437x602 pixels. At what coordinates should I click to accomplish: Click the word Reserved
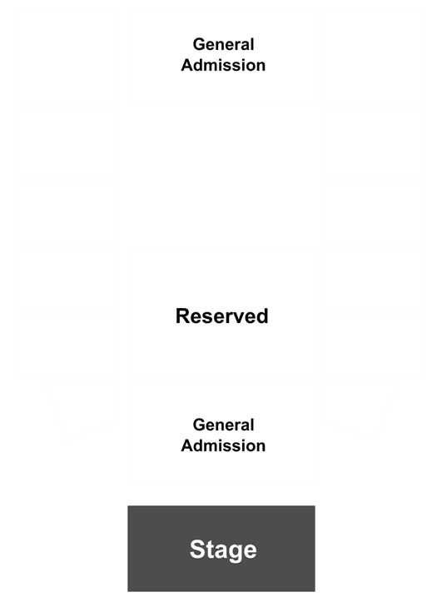221,316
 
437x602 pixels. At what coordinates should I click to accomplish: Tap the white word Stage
223,550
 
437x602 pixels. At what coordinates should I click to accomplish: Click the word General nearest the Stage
223,425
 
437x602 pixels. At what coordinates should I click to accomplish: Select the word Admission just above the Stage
223,445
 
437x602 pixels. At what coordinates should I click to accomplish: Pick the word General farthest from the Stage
223,44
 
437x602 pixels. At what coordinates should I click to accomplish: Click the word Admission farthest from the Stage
223,65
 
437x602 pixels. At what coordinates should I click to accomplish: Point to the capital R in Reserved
183,316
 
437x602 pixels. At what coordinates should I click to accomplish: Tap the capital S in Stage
197,549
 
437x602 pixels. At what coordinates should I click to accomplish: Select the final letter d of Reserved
262,316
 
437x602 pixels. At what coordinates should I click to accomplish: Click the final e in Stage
250,552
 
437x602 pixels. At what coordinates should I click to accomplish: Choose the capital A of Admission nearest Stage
187,445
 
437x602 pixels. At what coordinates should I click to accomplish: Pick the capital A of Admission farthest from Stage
187,65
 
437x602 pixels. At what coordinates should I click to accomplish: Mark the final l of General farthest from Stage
252,44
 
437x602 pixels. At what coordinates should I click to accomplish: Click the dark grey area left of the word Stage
158,549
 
